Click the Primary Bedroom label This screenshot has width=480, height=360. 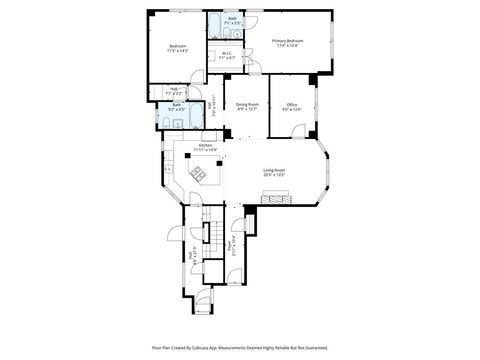click(x=288, y=40)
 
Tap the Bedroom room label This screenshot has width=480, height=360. click(x=178, y=47)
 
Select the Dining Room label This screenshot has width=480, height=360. click(x=248, y=104)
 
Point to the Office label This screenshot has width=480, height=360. click(x=292, y=104)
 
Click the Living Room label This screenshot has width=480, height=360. click(x=274, y=171)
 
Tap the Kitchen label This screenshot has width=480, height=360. click(x=205, y=145)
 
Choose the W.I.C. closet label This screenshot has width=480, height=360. click(x=226, y=53)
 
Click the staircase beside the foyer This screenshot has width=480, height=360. click(x=209, y=235)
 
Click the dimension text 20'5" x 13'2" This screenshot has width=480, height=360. click(x=274, y=176)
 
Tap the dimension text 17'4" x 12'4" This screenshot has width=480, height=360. click(x=288, y=45)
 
